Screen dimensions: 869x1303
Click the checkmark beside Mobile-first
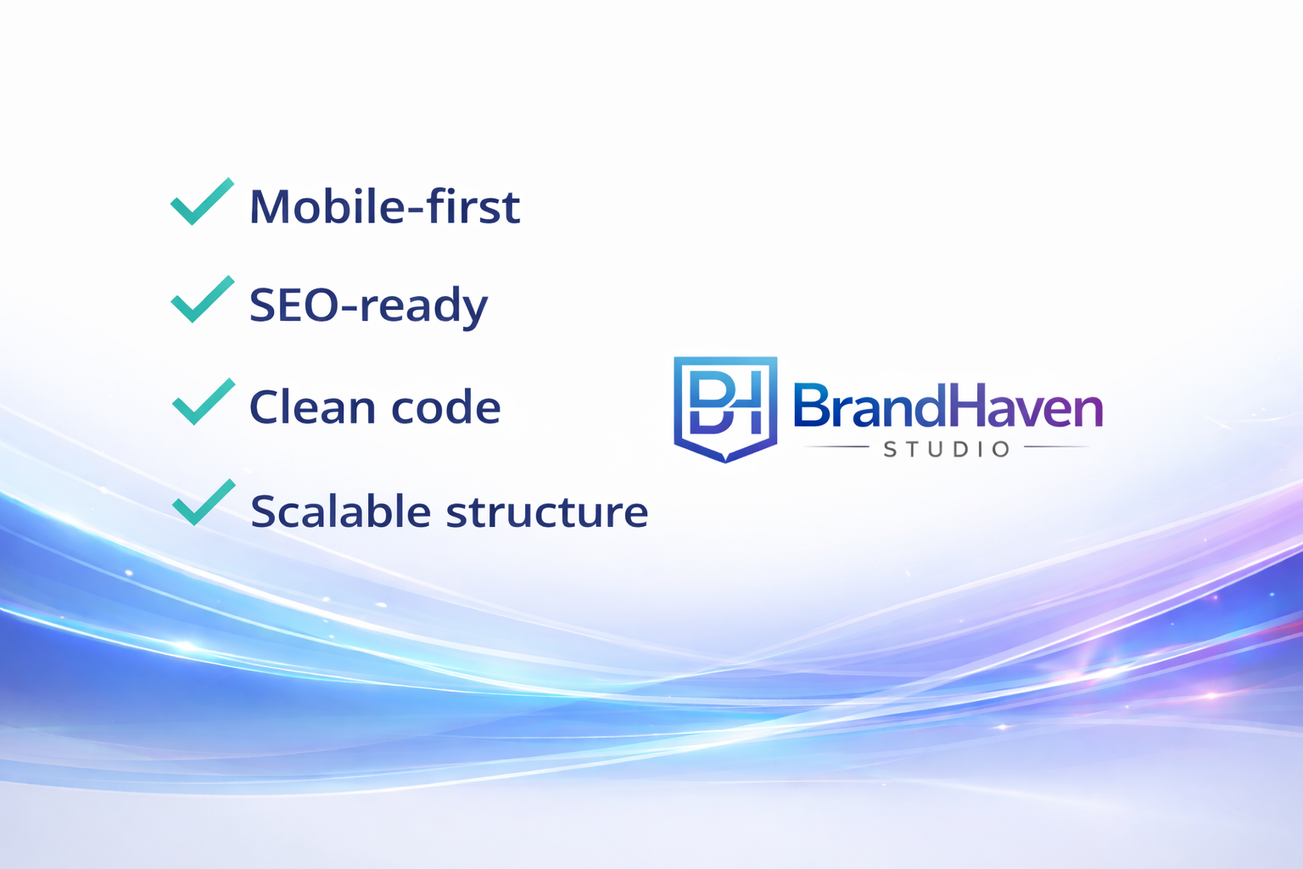tap(202, 204)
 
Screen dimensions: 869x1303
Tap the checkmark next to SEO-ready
tap(202, 301)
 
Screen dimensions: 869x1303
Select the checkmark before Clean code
tap(203, 403)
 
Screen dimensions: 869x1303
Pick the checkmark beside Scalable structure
tap(203, 504)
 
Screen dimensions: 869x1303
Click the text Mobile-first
tap(384, 207)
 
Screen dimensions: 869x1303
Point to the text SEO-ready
tap(368, 306)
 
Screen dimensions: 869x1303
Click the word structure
tap(547, 513)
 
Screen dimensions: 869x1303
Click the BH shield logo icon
tap(725, 408)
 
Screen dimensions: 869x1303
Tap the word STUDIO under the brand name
tap(947, 449)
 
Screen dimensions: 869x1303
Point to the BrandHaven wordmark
tap(947, 406)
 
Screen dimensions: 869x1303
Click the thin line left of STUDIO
tap(836, 446)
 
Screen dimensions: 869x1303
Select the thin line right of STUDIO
tap(1057, 446)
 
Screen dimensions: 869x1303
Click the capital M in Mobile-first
tap(269, 207)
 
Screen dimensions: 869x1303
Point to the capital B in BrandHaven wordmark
tap(810, 406)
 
